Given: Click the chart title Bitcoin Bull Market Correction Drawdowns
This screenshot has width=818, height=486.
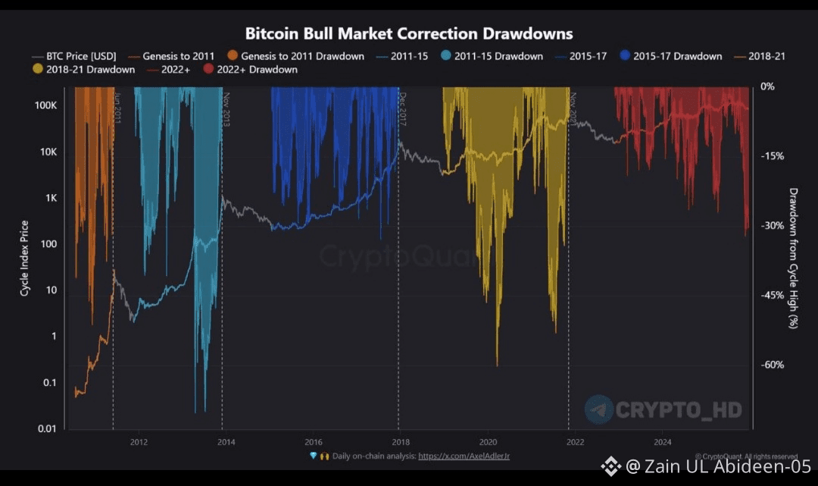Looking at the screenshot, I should [x=409, y=33].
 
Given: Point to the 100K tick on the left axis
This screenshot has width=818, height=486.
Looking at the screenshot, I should [x=47, y=105].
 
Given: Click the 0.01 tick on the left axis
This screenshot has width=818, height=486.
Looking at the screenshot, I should [x=47, y=429].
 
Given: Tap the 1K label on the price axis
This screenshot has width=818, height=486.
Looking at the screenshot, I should [x=51, y=198].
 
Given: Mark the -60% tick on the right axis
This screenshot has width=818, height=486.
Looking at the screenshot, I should [x=773, y=365].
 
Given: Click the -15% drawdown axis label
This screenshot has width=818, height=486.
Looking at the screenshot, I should [x=773, y=156].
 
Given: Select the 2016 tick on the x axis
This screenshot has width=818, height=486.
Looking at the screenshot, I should [x=314, y=441].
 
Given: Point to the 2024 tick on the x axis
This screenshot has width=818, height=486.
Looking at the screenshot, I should [x=663, y=441].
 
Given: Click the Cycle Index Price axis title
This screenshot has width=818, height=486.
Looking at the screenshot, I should [x=25, y=258].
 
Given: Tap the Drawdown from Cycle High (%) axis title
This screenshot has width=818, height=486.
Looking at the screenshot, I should [x=793, y=258].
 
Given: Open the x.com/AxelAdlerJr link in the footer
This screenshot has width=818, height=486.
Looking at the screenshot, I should [x=464, y=456].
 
